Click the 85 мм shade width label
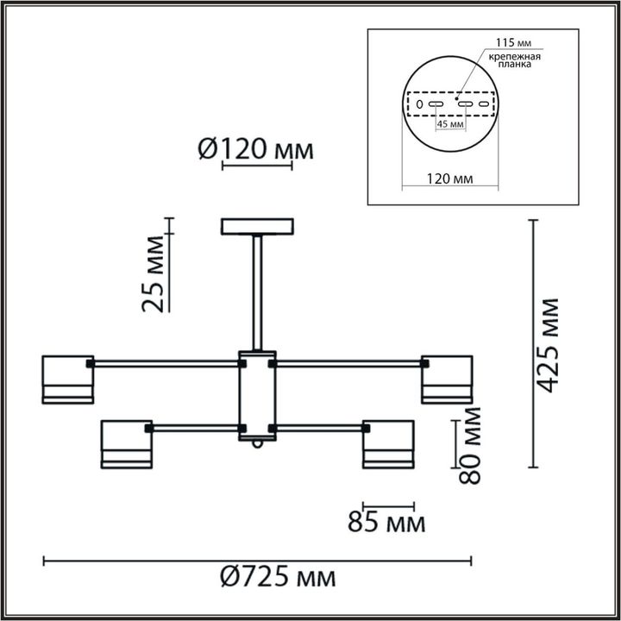[386, 523]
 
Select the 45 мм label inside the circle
[451, 124]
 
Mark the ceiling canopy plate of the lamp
[257, 227]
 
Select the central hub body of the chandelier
[257, 395]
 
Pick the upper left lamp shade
[68, 379]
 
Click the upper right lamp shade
[446, 379]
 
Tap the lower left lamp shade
[127, 443]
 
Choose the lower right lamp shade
[387, 443]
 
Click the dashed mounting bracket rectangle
[450, 104]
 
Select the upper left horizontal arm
[164, 364]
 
